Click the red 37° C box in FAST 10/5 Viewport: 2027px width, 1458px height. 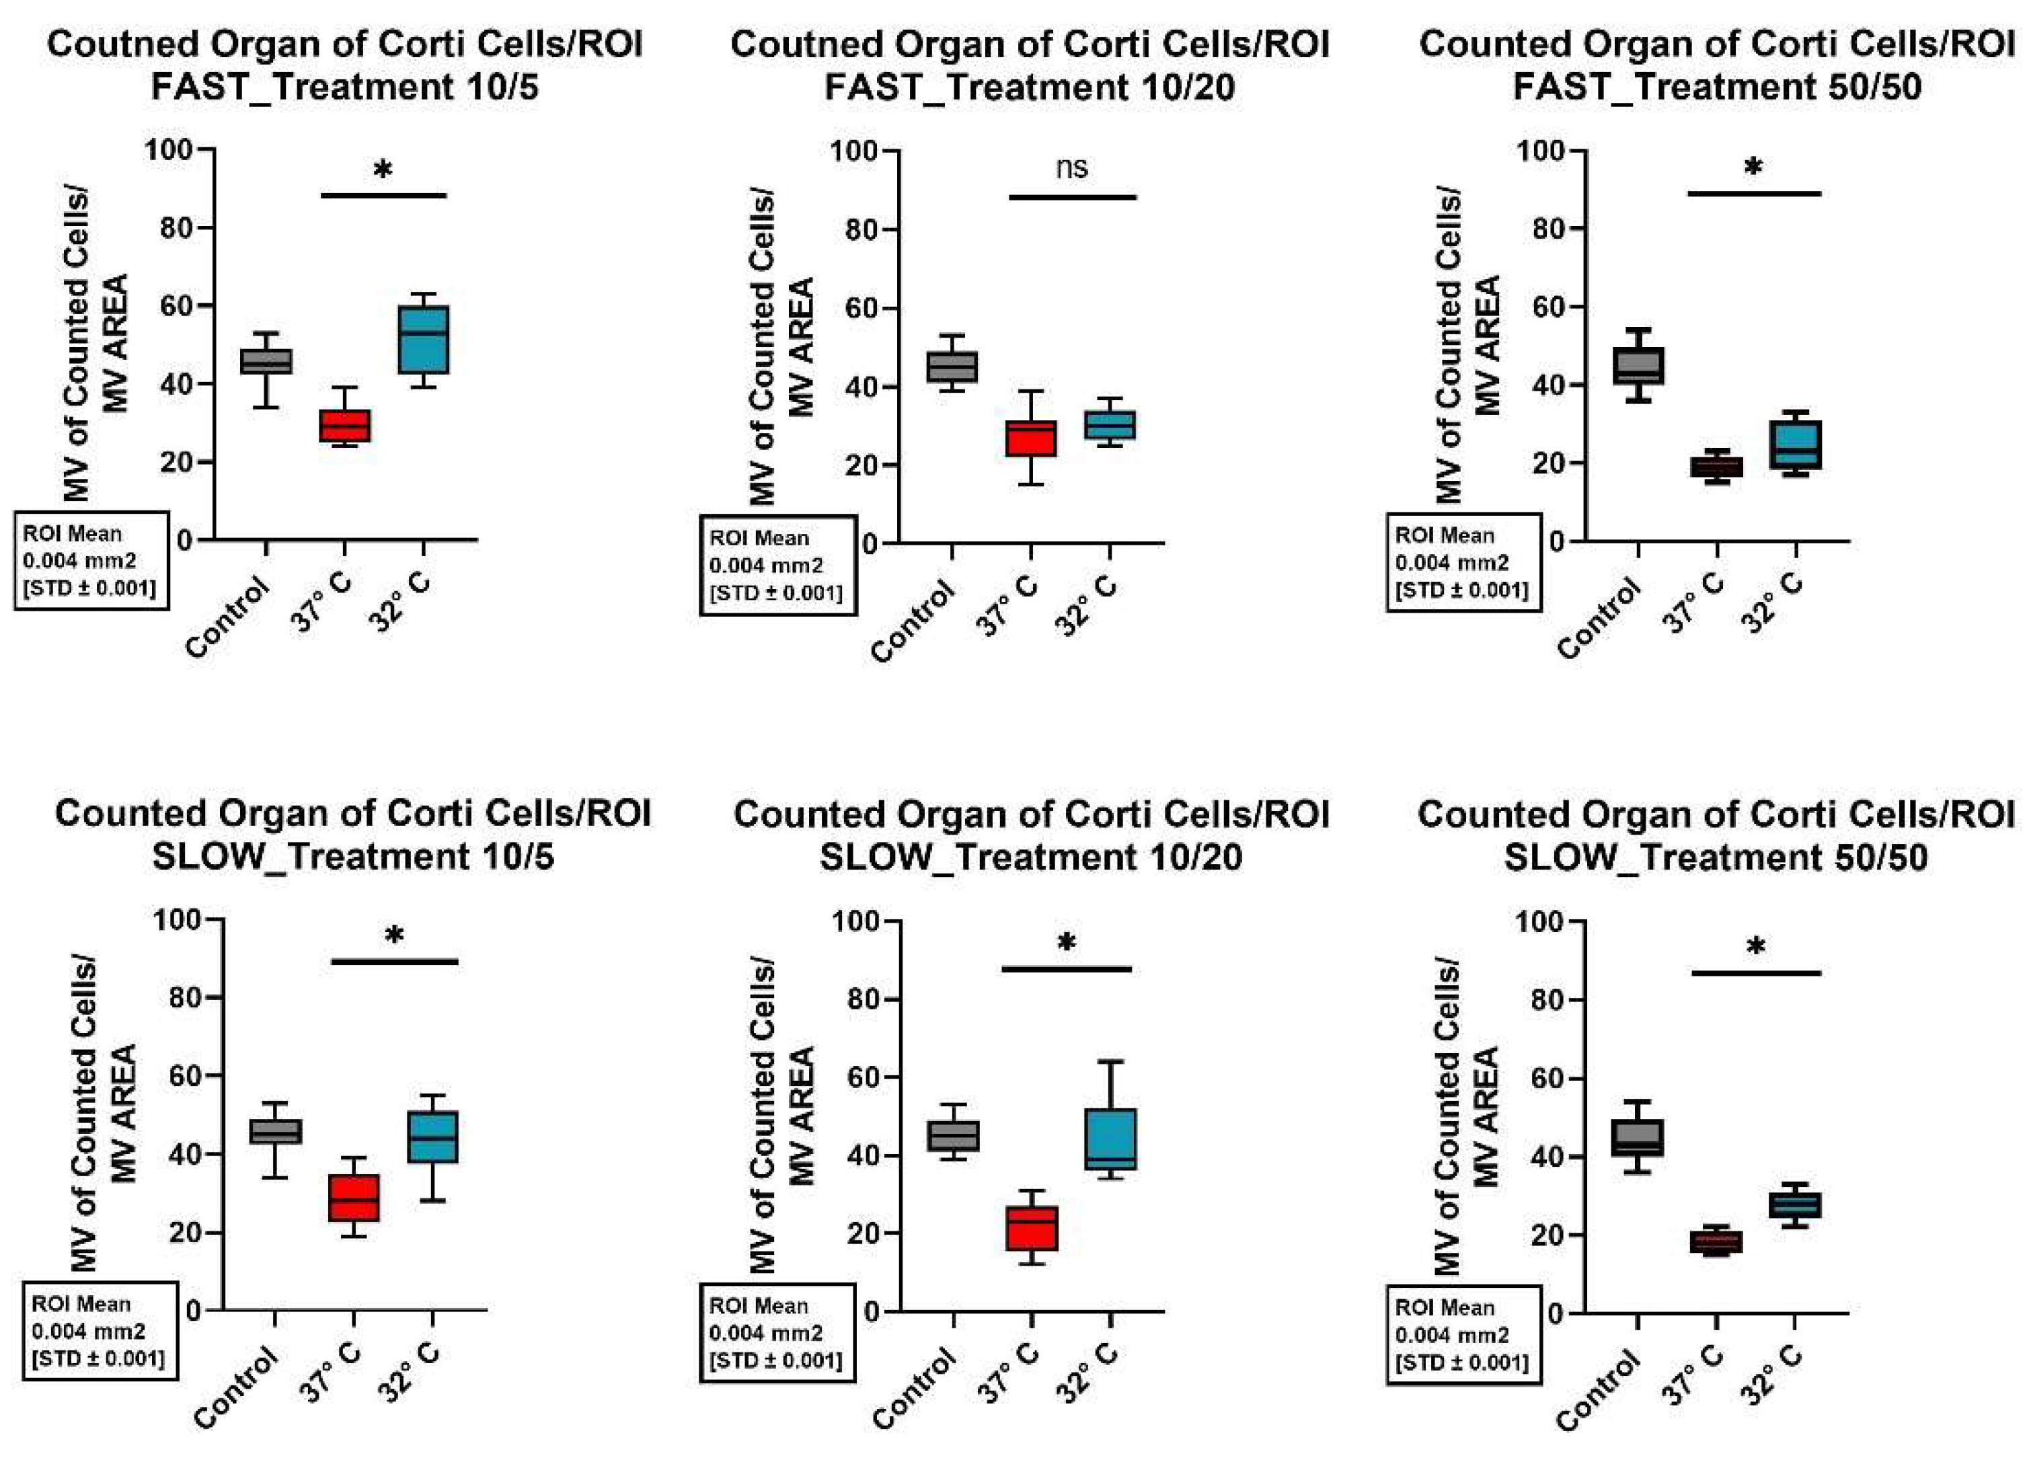(x=344, y=426)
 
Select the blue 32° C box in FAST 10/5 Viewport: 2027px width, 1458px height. (x=424, y=340)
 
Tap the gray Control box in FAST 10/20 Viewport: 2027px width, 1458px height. (x=952, y=367)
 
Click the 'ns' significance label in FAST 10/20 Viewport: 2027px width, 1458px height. (x=1071, y=167)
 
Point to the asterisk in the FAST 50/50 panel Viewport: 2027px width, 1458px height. (x=1753, y=167)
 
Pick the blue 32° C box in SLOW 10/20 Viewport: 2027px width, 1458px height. (x=1111, y=1138)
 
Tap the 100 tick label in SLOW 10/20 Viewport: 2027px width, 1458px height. (x=856, y=921)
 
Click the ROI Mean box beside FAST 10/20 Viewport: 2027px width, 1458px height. (x=776, y=565)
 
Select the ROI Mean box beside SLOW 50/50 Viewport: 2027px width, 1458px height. (x=1462, y=1335)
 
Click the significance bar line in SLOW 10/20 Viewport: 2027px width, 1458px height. (x=1066, y=969)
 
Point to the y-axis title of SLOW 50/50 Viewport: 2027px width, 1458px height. (x=1465, y=1118)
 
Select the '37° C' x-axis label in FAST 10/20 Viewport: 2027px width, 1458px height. (x=1008, y=606)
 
